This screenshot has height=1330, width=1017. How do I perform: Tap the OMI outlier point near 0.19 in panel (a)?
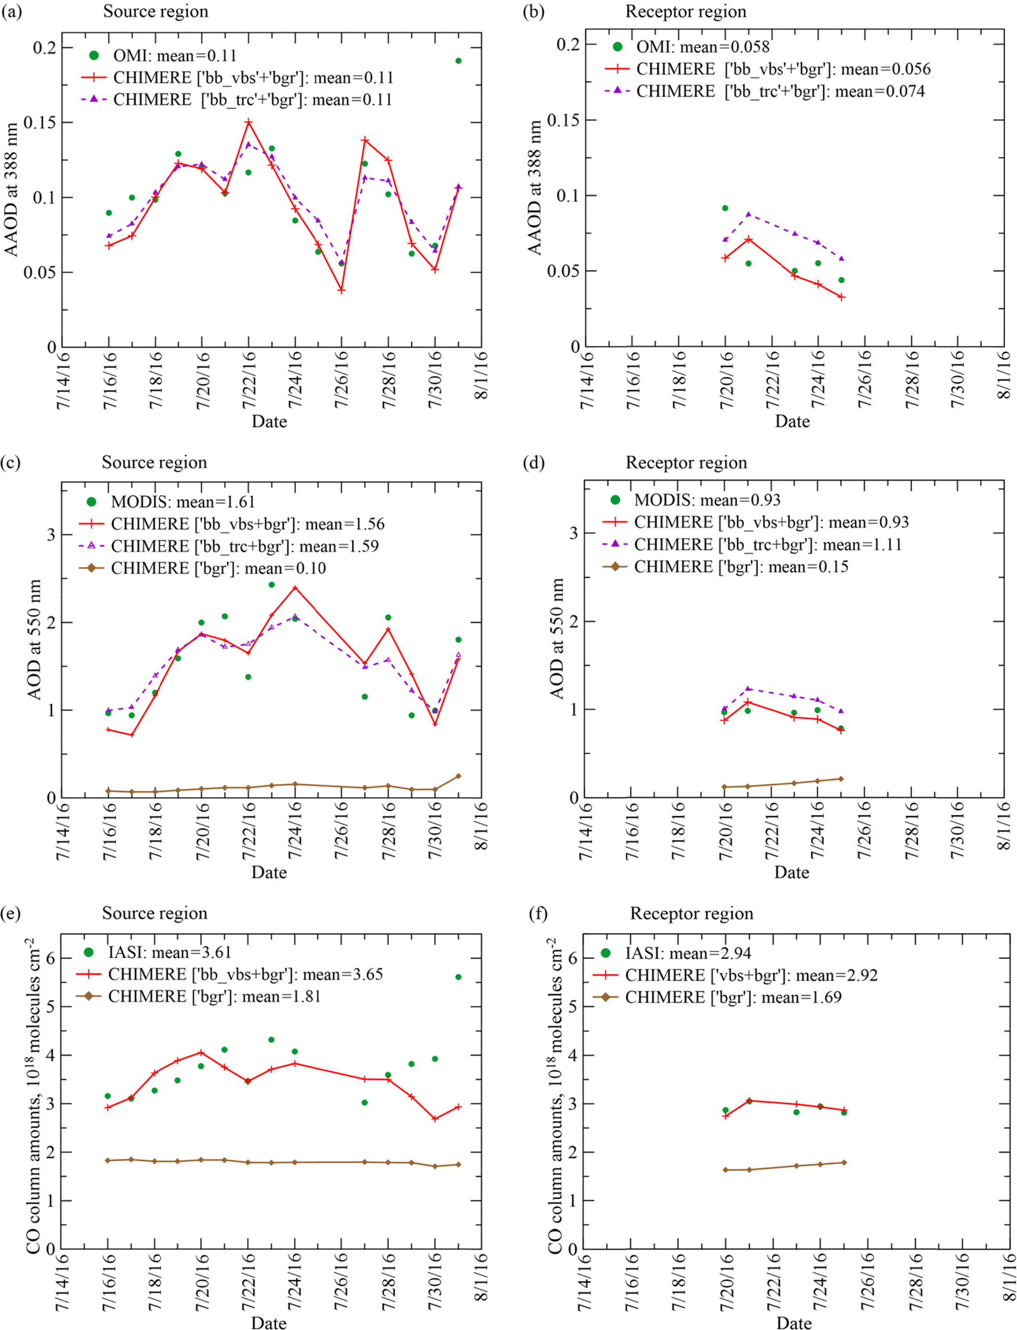[458, 61]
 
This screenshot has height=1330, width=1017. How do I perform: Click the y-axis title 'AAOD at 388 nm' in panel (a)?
[12, 189]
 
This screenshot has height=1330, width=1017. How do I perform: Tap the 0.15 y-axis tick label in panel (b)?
[563, 120]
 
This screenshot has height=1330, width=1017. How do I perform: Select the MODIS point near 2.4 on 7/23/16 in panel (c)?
[272, 585]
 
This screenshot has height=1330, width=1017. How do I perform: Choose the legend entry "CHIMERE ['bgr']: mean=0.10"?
[218, 568]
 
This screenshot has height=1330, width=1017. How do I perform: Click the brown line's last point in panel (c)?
[458, 776]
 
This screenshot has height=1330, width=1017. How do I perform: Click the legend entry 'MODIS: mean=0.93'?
[707, 500]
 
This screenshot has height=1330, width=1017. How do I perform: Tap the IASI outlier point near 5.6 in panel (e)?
[458, 977]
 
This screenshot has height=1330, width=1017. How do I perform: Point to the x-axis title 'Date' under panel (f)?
[794, 1323]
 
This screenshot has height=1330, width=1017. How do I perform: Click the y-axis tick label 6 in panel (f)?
[573, 959]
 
